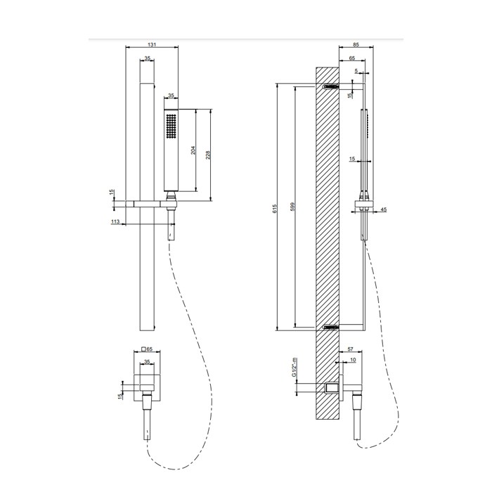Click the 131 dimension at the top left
(152, 44)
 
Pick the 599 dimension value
(292, 207)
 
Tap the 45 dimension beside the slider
(383, 208)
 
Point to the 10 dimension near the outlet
(353, 361)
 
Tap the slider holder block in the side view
(363, 208)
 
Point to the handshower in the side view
(363, 151)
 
